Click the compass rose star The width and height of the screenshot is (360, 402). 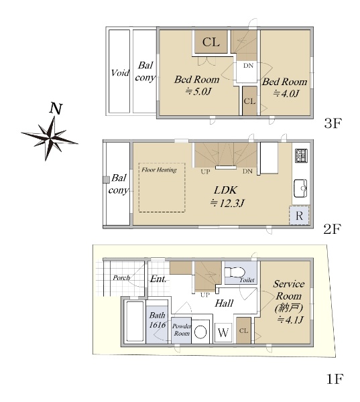coord(50,138)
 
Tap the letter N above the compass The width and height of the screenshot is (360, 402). coord(56,109)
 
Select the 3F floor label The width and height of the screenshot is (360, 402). coord(333,123)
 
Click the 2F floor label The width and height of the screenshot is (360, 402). coord(333,229)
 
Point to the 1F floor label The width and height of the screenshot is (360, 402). coord(335,379)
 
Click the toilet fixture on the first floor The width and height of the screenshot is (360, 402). coord(234,272)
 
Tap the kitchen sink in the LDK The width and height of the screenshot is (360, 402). coord(300,188)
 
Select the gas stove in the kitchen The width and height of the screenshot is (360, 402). coord(301,156)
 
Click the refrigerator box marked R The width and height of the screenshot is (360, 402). coord(299,216)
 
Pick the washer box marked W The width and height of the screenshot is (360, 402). coord(223,332)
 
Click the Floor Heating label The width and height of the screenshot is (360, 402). coord(159,170)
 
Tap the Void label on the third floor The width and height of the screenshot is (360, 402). coord(120,73)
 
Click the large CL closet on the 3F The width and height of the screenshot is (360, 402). coord(211,42)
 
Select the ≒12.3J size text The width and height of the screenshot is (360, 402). coord(227,203)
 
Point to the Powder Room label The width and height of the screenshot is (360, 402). coord(182,330)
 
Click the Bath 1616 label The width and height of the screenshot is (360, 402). coord(158,320)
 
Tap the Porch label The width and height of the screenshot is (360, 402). coord(121,277)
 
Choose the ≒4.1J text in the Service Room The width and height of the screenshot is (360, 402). coord(291,320)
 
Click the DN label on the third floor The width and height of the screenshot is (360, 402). coord(248,66)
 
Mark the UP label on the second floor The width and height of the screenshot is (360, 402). coord(205,172)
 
